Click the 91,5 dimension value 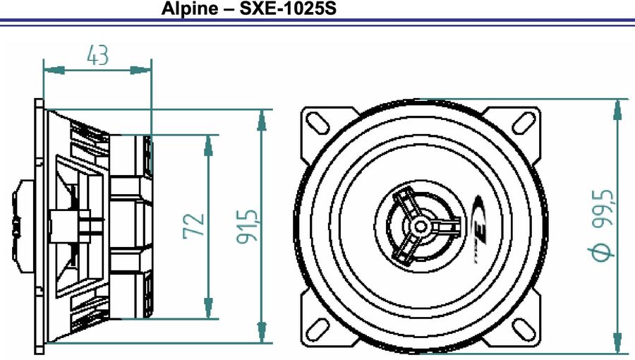[247, 226]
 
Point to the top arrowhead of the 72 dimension [208, 145]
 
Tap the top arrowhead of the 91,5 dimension [262, 120]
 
